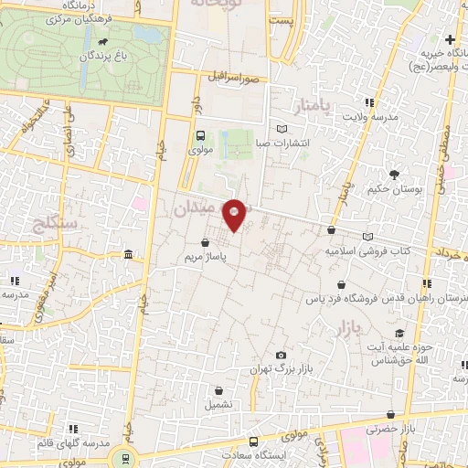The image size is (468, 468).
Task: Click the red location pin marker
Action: [x=234, y=214]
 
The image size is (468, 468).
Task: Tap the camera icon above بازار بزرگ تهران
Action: [x=281, y=355]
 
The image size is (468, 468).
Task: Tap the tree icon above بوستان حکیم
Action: [x=394, y=174]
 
